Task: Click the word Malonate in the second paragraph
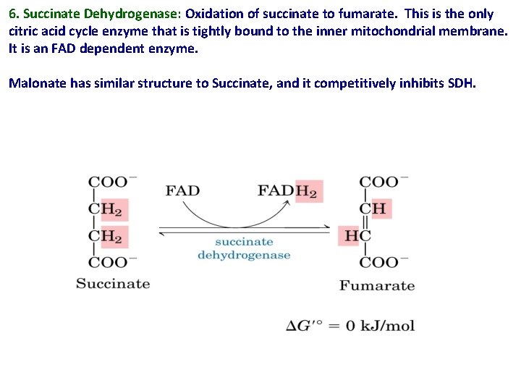pos(37,83)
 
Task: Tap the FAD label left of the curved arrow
pos(182,191)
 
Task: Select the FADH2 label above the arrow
pos(288,192)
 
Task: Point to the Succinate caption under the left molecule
pos(113,283)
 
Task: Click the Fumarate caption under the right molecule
pos(377,285)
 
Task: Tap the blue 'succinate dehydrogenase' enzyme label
pos(244,248)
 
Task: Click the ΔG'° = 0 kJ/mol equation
pos(350,326)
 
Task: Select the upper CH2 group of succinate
pos(106,210)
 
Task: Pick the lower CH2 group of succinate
pos(106,236)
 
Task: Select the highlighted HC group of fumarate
pos(357,236)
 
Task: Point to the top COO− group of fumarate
pos(384,182)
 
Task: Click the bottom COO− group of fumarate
pos(384,262)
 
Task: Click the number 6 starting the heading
pos(12,14)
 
